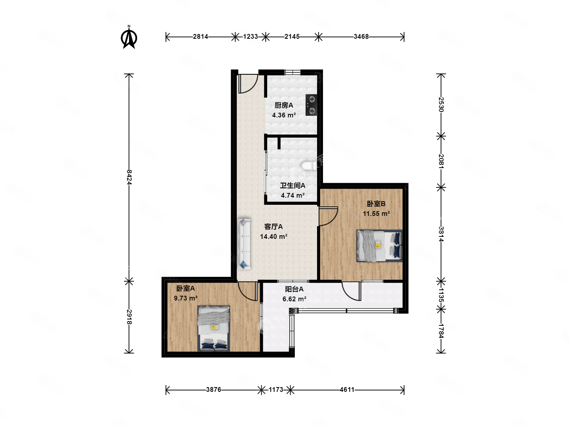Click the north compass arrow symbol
pyautogui.click(x=129, y=37)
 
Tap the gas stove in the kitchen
pyautogui.click(x=311, y=105)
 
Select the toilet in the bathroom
pyautogui.click(x=309, y=166)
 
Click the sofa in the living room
pyautogui.click(x=244, y=244)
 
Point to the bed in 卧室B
pyautogui.click(x=379, y=246)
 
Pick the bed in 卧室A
pyautogui.click(x=213, y=328)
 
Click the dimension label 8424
pyautogui.click(x=129, y=177)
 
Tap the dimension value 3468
pyautogui.click(x=361, y=36)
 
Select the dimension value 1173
pyautogui.click(x=275, y=389)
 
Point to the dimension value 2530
pyautogui.click(x=441, y=104)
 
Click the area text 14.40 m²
pyautogui.click(x=274, y=236)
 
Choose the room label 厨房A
pyautogui.click(x=283, y=105)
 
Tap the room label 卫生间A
pyautogui.click(x=293, y=185)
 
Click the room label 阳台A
pyautogui.click(x=294, y=289)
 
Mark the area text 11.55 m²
pyautogui.click(x=376, y=213)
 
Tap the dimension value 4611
pyautogui.click(x=347, y=389)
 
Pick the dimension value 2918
pyautogui.click(x=129, y=317)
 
